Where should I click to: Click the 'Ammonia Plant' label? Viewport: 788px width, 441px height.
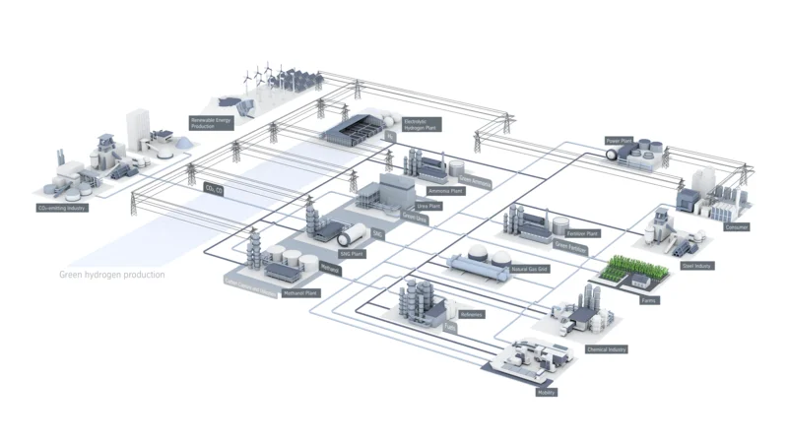(x=446, y=191)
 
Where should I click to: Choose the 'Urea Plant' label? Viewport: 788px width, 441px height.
(x=429, y=206)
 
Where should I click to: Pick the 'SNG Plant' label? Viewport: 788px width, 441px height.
(x=353, y=253)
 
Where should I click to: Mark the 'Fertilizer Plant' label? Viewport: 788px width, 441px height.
(x=585, y=233)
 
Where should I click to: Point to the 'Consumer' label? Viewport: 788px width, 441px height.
(x=737, y=227)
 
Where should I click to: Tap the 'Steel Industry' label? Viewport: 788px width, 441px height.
(x=697, y=266)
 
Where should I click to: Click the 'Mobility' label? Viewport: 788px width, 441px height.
(x=548, y=392)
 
